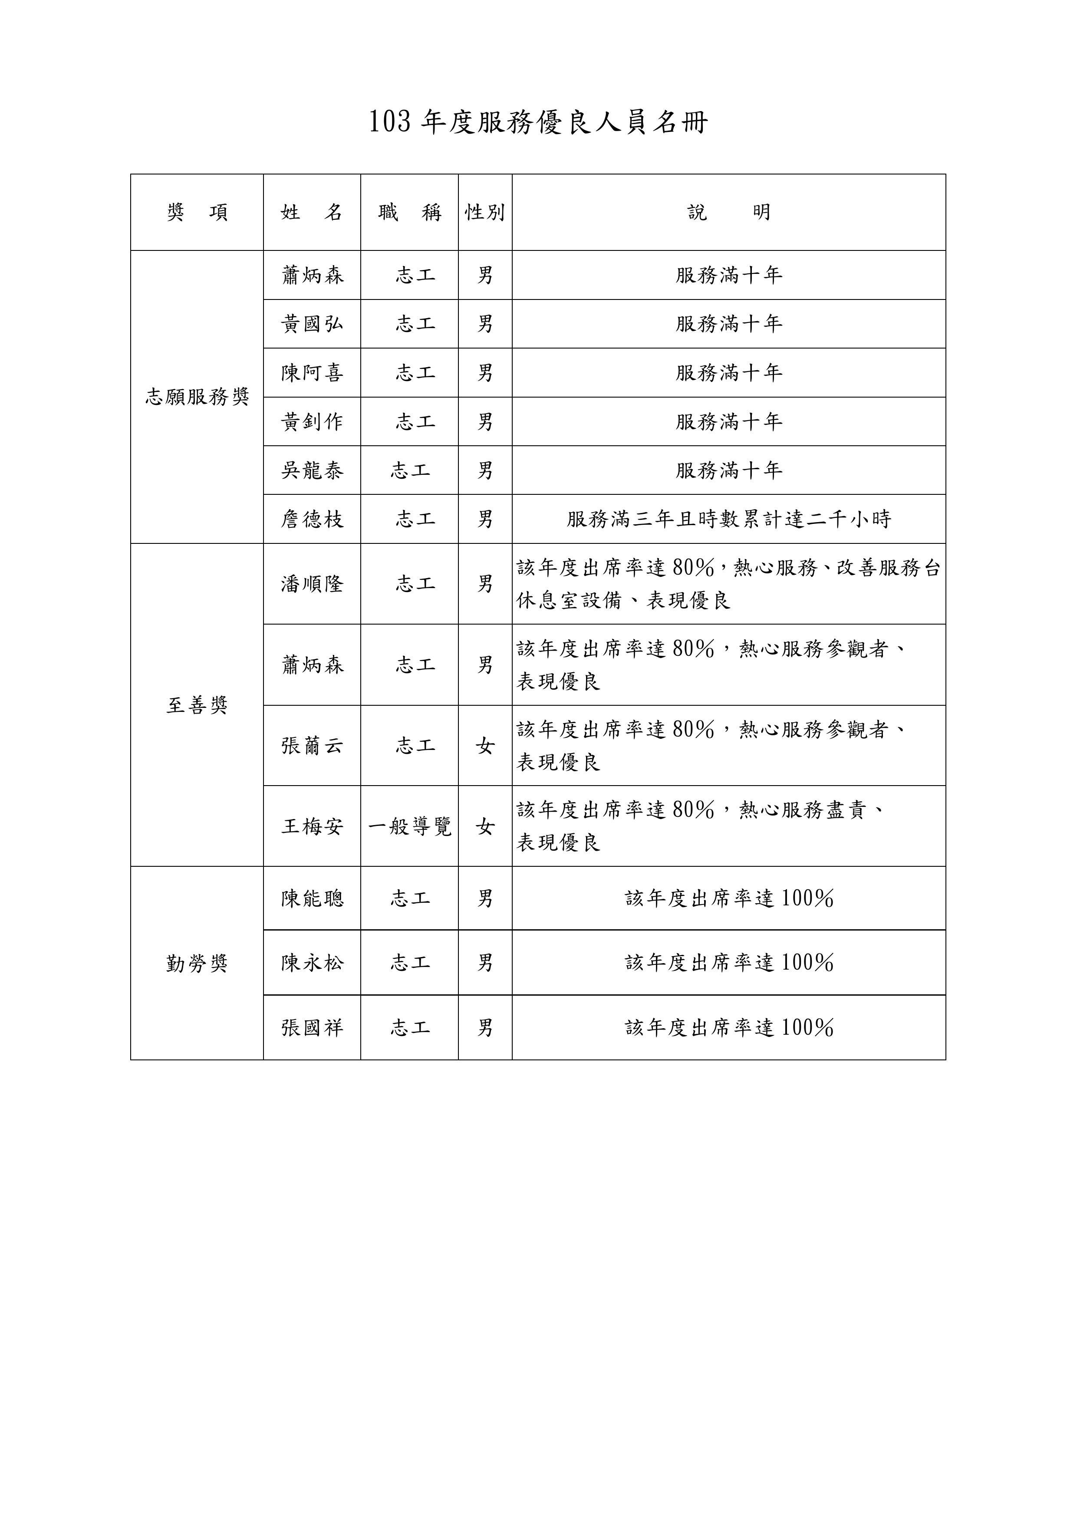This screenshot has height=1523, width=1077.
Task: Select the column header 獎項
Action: point(197,212)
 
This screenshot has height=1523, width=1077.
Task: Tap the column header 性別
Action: point(485,212)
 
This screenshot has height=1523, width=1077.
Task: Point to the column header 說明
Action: point(728,212)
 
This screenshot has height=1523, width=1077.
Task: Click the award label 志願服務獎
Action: point(197,397)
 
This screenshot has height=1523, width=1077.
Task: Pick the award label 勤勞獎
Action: point(197,963)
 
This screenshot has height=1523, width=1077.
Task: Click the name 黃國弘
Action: point(312,324)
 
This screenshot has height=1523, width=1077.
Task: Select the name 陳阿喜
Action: point(312,373)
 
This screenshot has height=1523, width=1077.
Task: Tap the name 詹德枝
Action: point(312,519)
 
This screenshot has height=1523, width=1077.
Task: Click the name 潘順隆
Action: point(312,584)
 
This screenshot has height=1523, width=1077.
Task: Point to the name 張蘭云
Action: point(312,746)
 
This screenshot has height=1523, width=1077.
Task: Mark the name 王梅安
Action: point(312,826)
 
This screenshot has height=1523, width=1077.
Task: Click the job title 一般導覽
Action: point(409,826)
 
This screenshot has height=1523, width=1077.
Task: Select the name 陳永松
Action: point(312,963)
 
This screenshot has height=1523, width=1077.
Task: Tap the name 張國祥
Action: point(312,1027)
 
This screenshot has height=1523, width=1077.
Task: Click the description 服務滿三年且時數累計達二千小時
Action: point(728,519)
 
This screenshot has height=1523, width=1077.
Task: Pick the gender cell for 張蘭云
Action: point(485,746)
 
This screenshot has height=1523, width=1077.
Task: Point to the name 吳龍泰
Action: point(312,470)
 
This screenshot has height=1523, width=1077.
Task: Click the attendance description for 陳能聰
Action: point(728,898)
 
